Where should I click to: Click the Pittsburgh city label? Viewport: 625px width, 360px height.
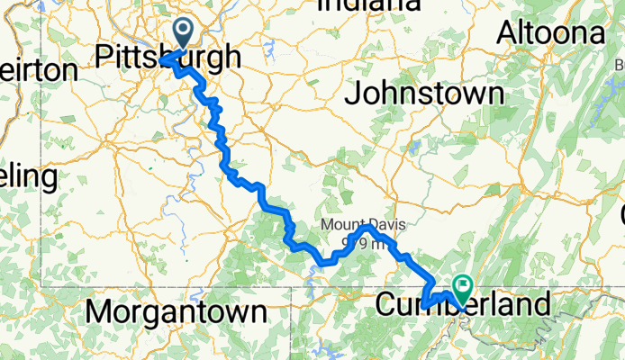[x=168, y=58]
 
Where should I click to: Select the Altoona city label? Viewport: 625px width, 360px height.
[x=551, y=34]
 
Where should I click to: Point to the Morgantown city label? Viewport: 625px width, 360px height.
[x=177, y=311]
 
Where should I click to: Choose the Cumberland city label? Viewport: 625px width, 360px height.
[x=460, y=305]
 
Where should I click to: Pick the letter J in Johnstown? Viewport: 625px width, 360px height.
[x=353, y=94]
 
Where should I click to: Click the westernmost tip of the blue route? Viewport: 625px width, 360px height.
[x=162, y=60]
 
